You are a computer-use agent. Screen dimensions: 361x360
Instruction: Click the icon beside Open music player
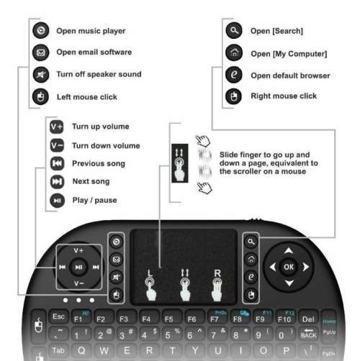pos(41,31)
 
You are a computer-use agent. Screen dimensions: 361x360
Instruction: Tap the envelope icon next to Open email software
pos(41,52)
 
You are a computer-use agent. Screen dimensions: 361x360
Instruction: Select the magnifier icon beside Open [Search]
pos(233,31)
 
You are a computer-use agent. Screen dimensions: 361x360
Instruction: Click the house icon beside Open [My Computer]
pos(233,52)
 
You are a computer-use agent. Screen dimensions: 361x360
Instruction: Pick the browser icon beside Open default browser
pos(233,75)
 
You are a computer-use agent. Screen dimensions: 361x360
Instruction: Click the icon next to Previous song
pos(57,164)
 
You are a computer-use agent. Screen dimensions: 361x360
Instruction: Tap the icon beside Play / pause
pos(57,200)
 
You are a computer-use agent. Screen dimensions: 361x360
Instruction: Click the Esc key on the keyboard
pos(58,317)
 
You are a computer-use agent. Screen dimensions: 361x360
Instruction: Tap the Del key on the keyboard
pos(308,317)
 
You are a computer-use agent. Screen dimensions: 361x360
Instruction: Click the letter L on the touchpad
pos(149,273)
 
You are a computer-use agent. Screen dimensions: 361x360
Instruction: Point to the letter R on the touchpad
pos(215,273)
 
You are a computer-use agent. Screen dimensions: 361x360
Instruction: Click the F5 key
pos(169,318)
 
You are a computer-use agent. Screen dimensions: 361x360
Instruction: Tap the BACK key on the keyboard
pos(308,334)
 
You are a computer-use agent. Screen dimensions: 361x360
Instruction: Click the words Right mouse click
pos(283,96)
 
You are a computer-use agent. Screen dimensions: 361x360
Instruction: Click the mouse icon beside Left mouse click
pos(41,96)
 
